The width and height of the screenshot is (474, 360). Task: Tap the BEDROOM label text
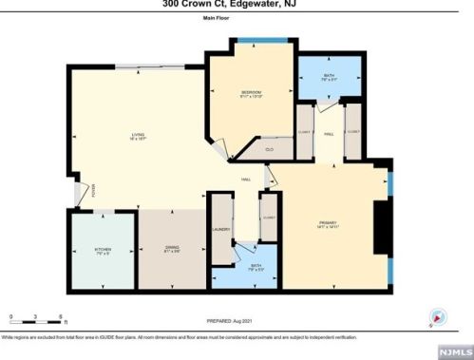pyautogui.click(x=250, y=92)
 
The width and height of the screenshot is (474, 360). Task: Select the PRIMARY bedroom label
pyautogui.click(x=327, y=224)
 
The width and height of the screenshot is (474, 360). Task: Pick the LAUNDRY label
pyautogui.click(x=221, y=229)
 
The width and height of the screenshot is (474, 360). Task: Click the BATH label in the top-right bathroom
pyautogui.click(x=330, y=78)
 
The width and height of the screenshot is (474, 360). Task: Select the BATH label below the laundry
pyautogui.click(x=255, y=267)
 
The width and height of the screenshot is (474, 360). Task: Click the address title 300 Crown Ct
pyautogui.click(x=237, y=4)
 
